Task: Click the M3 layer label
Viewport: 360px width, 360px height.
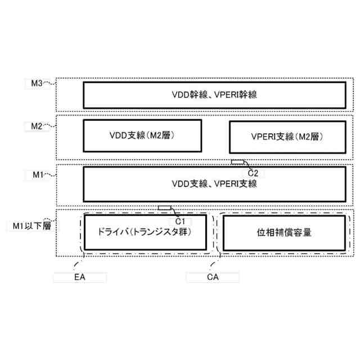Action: click(37, 83)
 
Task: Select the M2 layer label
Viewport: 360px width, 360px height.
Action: click(37, 126)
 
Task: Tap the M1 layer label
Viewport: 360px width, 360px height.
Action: click(37, 175)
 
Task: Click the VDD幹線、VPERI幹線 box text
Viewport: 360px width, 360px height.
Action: click(214, 95)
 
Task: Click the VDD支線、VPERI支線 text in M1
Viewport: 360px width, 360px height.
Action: click(214, 184)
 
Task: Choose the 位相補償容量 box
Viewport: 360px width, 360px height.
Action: click(284, 232)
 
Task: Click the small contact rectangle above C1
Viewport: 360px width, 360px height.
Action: click(164, 208)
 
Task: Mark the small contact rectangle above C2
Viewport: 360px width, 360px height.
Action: click(238, 162)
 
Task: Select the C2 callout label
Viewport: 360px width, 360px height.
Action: click(253, 172)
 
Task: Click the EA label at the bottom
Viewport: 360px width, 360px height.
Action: click(79, 277)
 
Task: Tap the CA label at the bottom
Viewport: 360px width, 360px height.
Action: click(213, 277)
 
